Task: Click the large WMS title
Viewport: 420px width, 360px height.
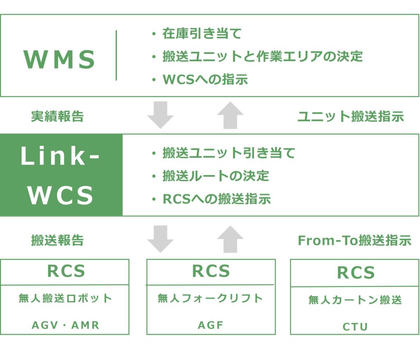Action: click(x=59, y=59)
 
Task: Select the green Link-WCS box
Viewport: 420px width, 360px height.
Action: click(x=61, y=175)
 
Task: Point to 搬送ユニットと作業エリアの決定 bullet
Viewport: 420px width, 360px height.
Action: click(x=262, y=57)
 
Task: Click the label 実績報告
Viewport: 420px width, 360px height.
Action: click(x=57, y=116)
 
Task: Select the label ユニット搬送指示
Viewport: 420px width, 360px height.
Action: click(x=351, y=116)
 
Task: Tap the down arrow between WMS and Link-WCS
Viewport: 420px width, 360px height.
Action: click(x=160, y=115)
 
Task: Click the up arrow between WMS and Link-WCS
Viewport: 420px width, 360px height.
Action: click(x=231, y=115)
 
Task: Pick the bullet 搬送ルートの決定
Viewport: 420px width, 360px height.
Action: click(x=216, y=176)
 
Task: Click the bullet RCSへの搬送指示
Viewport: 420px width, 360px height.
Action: click(x=217, y=199)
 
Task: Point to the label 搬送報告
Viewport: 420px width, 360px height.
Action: click(x=57, y=240)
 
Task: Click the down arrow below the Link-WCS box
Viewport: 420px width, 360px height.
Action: click(x=160, y=239)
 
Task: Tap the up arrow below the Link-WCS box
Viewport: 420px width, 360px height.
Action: click(x=231, y=239)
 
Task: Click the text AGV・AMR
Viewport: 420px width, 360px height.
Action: click(x=66, y=326)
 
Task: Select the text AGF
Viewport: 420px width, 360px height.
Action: click(x=211, y=326)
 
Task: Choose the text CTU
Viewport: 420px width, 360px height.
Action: click(x=355, y=327)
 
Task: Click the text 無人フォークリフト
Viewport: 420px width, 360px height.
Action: click(x=210, y=298)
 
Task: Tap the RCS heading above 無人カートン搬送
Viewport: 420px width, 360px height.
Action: click(x=356, y=273)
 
